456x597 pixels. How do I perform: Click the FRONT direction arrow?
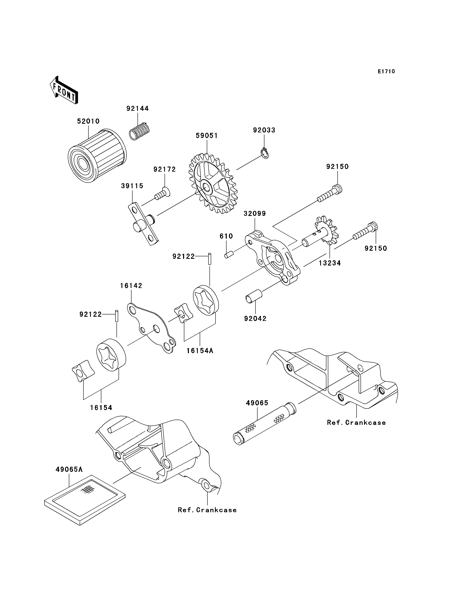64,90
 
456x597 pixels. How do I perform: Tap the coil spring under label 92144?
140,131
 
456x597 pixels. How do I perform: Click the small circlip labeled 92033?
265,153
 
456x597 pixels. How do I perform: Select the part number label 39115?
132,186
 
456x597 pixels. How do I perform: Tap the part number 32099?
255,214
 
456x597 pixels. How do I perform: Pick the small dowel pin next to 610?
229,255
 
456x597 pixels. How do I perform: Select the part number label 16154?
101,408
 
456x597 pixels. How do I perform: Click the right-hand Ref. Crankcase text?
356,423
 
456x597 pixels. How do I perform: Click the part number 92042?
255,318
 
